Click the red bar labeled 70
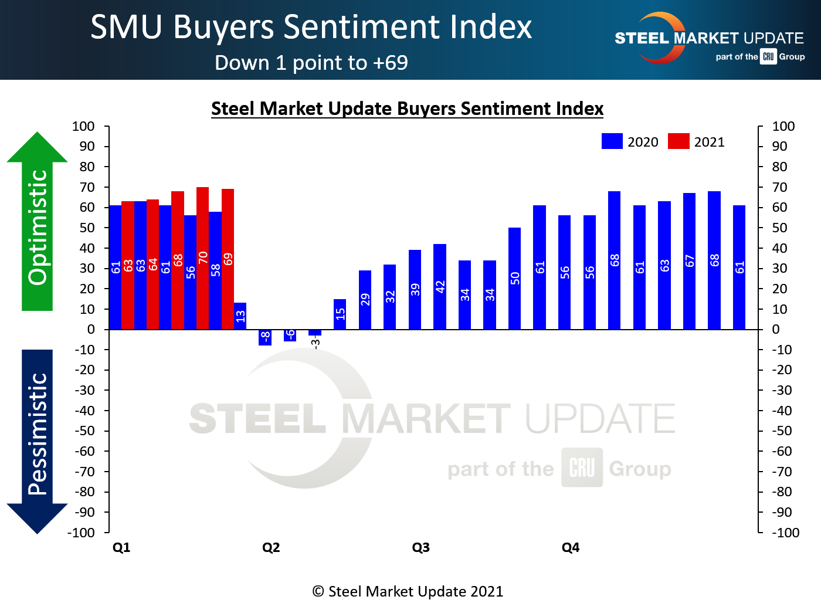(202, 258)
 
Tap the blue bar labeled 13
(240, 316)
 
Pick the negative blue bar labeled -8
(265, 337)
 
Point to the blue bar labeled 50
(514, 278)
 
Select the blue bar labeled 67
(689, 260)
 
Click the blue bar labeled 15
(340, 314)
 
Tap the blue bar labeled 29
(365, 300)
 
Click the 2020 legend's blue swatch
(612, 141)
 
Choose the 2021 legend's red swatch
(678, 141)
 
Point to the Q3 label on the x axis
(420, 547)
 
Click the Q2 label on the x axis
(271, 547)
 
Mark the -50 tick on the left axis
(84, 431)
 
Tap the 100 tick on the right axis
(783, 126)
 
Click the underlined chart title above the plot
(407, 109)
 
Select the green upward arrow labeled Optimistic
(38, 223)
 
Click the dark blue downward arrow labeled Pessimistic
(38, 440)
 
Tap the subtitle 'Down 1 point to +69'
(311, 63)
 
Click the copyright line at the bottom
(408, 591)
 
